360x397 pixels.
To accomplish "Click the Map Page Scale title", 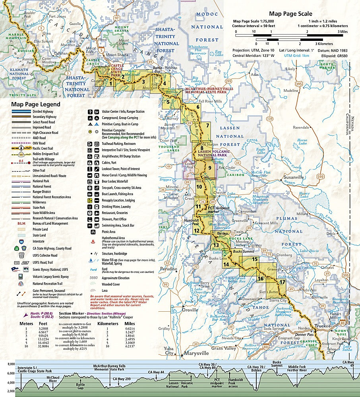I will (x=290, y=13).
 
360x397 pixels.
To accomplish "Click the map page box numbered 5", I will (x=168, y=102).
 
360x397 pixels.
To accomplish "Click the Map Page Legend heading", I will (x=36, y=104).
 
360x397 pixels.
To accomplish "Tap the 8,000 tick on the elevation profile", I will (x=9, y=364).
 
